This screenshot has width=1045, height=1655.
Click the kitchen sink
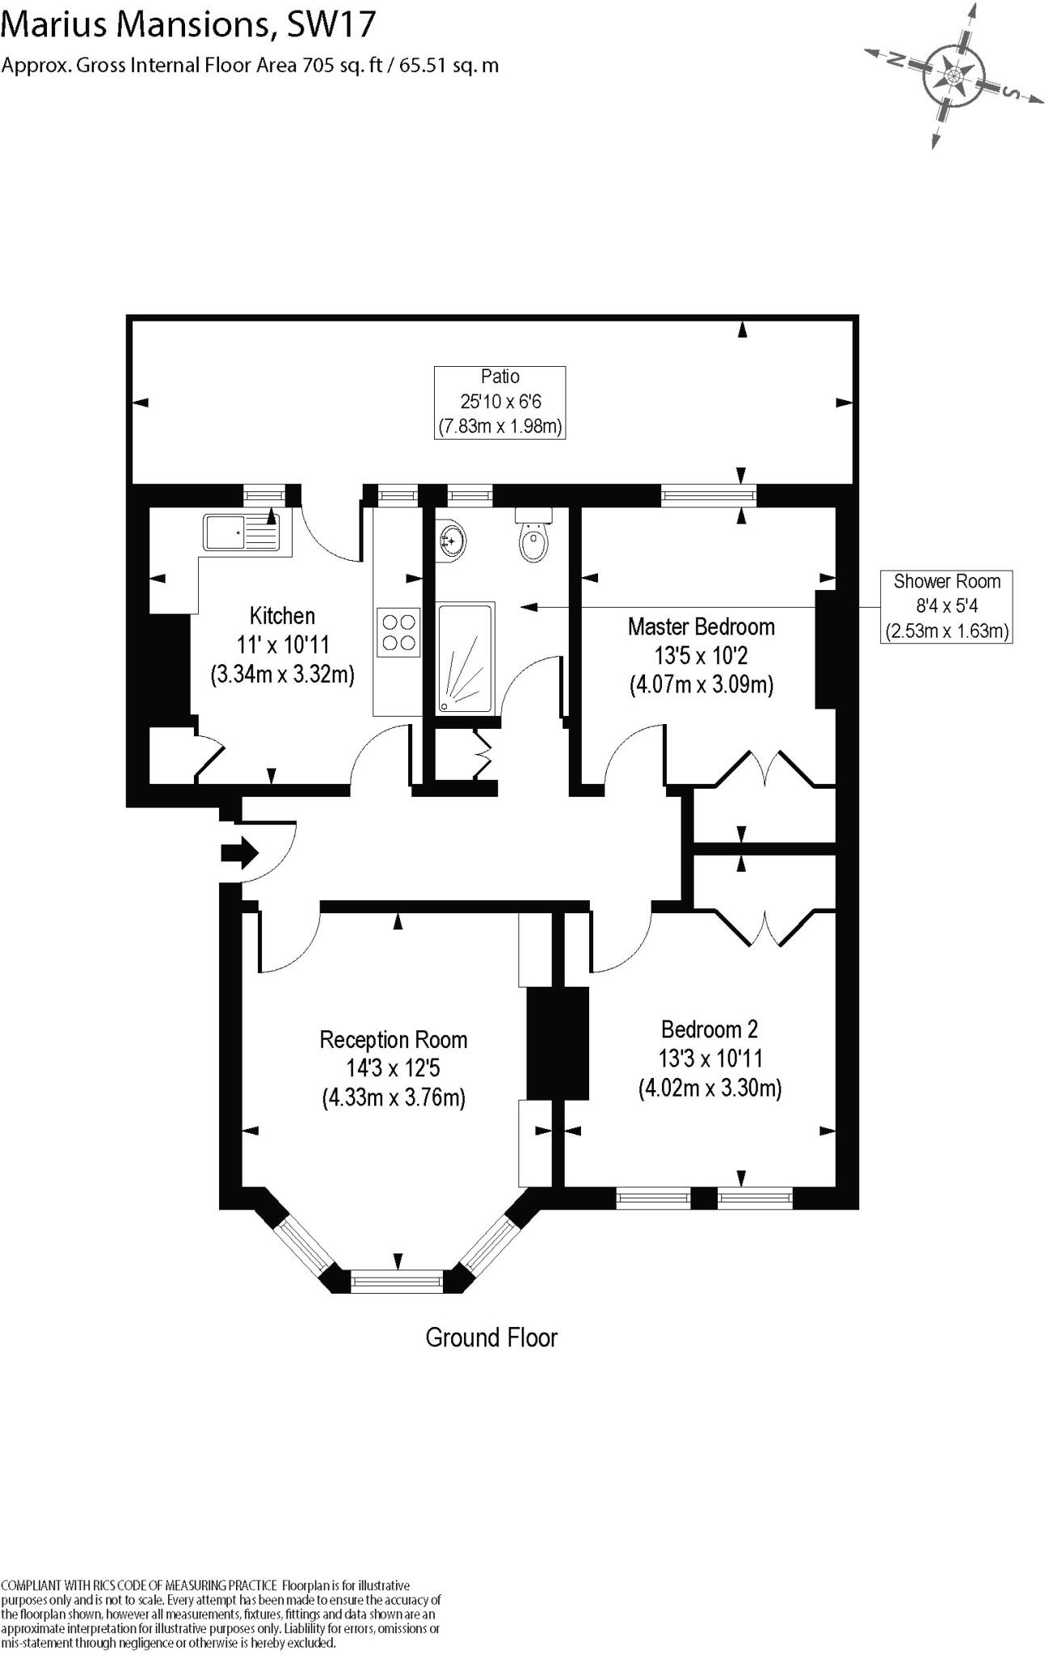click(x=241, y=533)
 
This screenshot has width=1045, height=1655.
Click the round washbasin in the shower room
click(x=453, y=539)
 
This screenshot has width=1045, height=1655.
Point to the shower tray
click(x=466, y=658)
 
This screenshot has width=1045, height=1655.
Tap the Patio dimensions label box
click(x=499, y=402)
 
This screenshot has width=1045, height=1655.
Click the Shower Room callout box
click(x=946, y=606)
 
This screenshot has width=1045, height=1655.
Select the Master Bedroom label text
click(x=701, y=627)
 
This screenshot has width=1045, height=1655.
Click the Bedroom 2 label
click(x=709, y=1030)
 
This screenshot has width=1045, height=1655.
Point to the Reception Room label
click(x=394, y=1040)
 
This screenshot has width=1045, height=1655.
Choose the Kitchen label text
click(x=282, y=617)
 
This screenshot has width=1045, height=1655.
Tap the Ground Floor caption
click(x=491, y=1337)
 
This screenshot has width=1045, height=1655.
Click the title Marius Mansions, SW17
click(x=188, y=24)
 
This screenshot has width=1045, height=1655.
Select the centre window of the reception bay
click(x=397, y=1280)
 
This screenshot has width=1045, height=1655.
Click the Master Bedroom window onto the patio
click(x=708, y=495)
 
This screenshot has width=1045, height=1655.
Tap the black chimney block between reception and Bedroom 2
click(x=558, y=1042)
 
